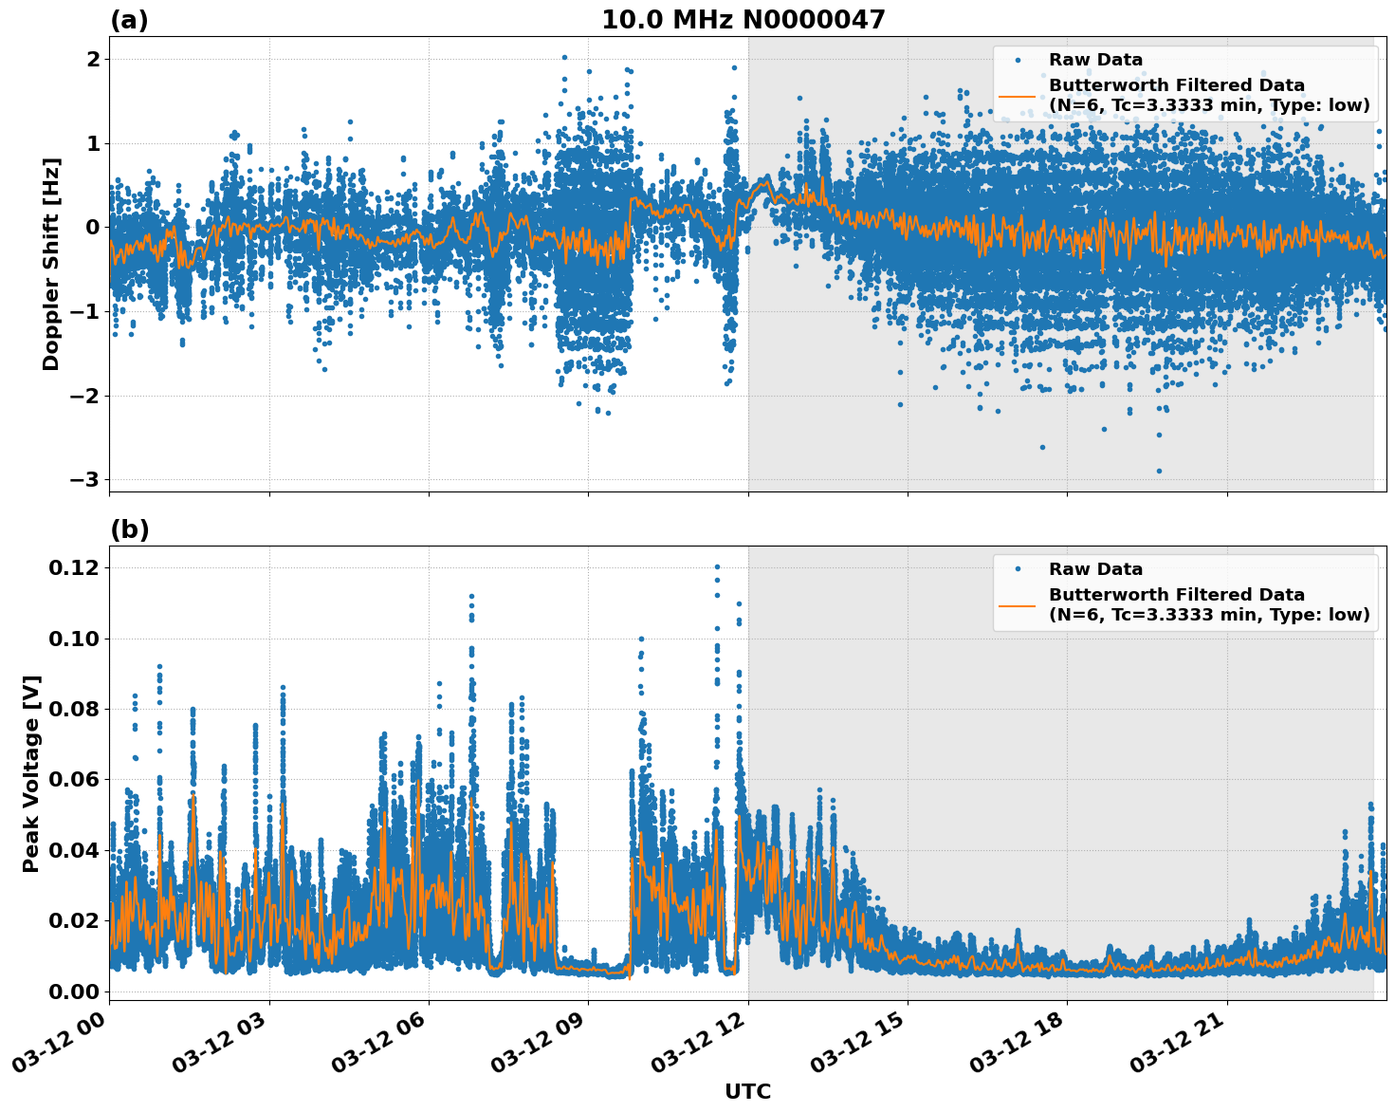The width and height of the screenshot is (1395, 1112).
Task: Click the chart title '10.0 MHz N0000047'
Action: pos(743,20)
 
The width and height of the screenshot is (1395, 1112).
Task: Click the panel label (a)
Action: pos(129,20)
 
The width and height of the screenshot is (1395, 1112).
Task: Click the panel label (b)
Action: pos(129,529)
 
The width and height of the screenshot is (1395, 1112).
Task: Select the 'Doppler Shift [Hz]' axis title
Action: pos(51,264)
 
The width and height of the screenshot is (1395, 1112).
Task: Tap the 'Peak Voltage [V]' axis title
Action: pos(31,773)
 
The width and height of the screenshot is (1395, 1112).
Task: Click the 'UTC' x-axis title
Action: pos(747,1091)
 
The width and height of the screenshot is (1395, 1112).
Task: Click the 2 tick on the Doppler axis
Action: pos(93,60)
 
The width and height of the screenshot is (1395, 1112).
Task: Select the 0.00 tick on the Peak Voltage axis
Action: pos(73,992)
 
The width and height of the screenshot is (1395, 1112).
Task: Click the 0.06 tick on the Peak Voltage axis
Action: pos(73,780)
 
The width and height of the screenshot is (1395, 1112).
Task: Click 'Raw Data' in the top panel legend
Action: pos(1095,61)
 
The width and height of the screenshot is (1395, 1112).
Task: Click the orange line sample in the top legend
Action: pos(1018,96)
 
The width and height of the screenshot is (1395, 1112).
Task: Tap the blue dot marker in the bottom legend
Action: pos(1018,569)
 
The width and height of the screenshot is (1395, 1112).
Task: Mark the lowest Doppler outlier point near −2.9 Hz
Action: pos(1159,471)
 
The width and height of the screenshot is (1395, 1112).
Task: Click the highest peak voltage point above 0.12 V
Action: pos(717,567)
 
